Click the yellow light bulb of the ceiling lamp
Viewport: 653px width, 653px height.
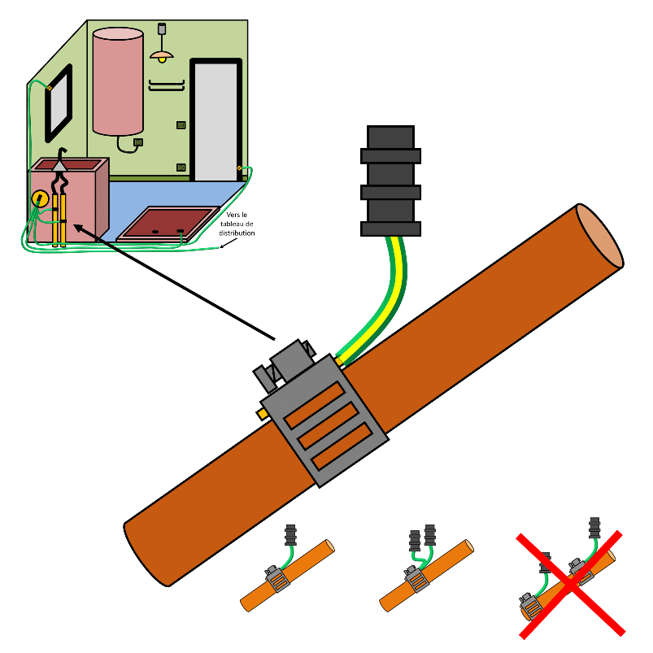(x=162, y=60)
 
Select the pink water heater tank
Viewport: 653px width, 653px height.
(x=118, y=81)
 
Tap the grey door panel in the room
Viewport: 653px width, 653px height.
(x=215, y=122)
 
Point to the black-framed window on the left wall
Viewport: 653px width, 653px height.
(x=59, y=103)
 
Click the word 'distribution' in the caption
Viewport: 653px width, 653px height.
(x=237, y=233)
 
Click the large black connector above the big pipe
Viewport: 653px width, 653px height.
(x=390, y=181)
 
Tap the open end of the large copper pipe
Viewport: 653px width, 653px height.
(x=600, y=235)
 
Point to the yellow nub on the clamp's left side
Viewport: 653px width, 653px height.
(x=262, y=415)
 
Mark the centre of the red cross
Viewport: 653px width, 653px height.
(x=571, y=585)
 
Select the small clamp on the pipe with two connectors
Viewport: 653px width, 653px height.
(x=416, y=578)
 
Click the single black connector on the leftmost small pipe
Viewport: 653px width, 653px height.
(x=290, y=535)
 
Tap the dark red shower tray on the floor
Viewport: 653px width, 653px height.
(x=168, y=224)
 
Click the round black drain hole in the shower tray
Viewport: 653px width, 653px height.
(x=155, y=232)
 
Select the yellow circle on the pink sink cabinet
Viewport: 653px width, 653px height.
(x=40, y=199)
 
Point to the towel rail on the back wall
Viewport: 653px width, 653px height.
(x=167, y=85)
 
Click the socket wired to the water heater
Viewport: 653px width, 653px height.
(x=138, y=142)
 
